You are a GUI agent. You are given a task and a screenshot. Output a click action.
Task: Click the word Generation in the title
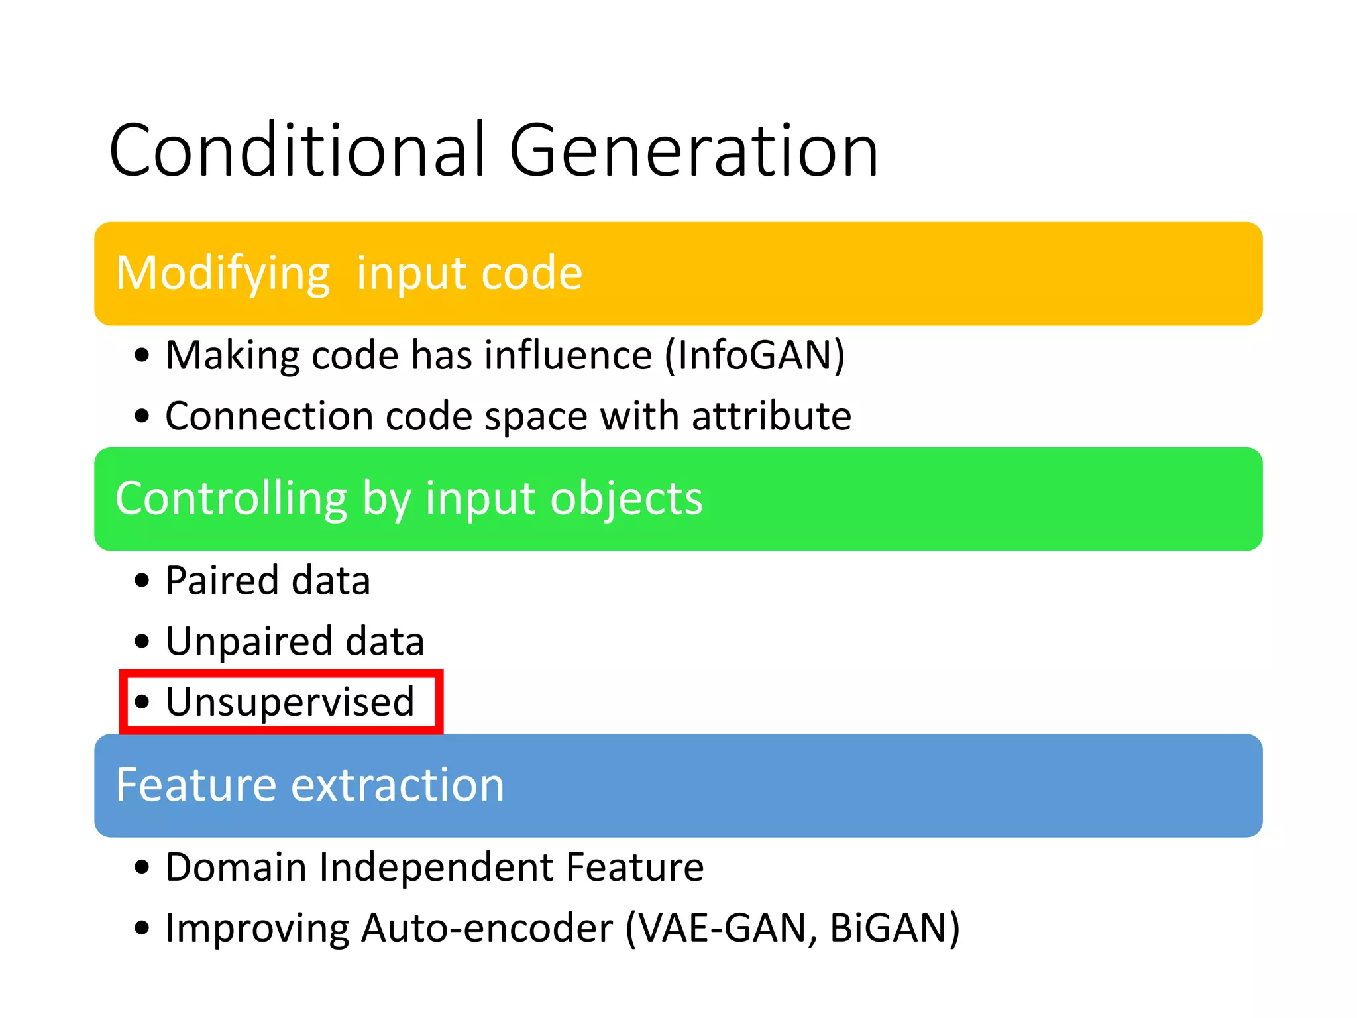tap(693, 151)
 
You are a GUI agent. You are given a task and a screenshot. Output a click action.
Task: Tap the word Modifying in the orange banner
tap(223, 274)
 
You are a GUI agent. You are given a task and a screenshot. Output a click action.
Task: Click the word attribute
tap(771, 417)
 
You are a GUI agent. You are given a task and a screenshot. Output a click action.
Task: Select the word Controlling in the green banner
tap(231, 498)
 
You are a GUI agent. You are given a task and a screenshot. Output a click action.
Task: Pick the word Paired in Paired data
tap(223, 581)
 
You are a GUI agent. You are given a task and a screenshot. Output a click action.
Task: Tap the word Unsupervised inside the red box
tap(290, 702)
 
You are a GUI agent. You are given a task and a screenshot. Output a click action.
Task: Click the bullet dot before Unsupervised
tap(142, 702)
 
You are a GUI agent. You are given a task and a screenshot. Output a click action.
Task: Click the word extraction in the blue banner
tap(398, 785)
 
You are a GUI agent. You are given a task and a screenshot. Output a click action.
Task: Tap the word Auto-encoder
tap(487, 928)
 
